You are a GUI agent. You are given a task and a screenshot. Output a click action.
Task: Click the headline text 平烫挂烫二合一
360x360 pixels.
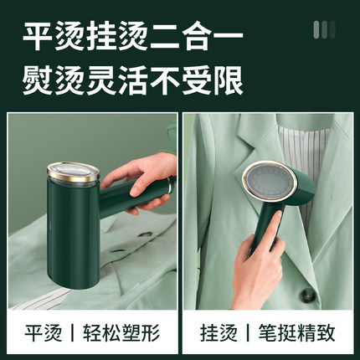coord(132,37)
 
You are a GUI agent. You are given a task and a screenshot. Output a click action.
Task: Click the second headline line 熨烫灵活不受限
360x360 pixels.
coord(132,80)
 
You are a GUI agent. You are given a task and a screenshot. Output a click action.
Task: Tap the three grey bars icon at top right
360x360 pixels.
coord(324,29)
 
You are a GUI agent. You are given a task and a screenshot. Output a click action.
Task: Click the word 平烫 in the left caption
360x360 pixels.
coord(44,332)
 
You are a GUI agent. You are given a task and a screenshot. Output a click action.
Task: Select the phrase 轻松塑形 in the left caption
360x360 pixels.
coord(121,332)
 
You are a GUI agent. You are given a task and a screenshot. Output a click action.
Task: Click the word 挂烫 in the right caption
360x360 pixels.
coord(219,332)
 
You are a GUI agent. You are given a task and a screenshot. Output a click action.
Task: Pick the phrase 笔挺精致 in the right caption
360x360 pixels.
coord(296,332)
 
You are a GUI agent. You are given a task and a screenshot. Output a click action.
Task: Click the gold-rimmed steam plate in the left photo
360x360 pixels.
coord(74,172)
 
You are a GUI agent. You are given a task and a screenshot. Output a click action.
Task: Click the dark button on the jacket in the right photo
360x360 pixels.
coord(307,295)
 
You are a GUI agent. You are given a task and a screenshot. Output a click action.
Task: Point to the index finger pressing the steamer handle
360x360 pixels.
coord(274,226)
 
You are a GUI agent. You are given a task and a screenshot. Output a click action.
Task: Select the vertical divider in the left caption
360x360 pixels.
coord(72,332)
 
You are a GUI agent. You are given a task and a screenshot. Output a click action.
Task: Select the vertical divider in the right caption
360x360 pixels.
coord(248,332)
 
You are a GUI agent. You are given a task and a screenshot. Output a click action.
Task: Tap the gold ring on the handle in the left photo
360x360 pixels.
coord(169,185)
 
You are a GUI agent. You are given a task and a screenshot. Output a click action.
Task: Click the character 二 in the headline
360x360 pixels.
coord(164,37)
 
